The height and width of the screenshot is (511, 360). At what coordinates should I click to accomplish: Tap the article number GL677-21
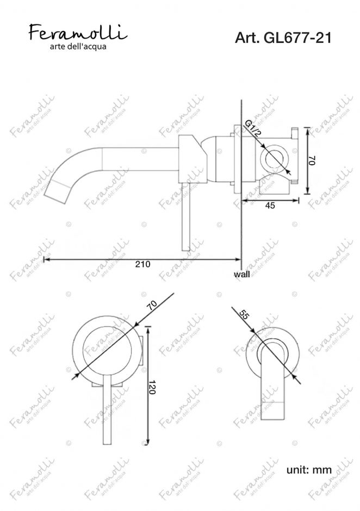click(297, 38)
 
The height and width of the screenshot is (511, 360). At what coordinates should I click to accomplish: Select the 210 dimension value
click(143, 264)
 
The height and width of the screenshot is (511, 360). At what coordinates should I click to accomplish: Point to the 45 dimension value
click(270, 205)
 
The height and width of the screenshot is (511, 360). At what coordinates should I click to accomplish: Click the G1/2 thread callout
click(253, 129)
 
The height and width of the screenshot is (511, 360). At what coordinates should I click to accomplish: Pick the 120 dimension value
click(152, 387)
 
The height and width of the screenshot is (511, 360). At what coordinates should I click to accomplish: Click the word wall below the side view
click(242, 274)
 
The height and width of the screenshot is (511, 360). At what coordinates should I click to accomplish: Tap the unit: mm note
click(309, 470)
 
